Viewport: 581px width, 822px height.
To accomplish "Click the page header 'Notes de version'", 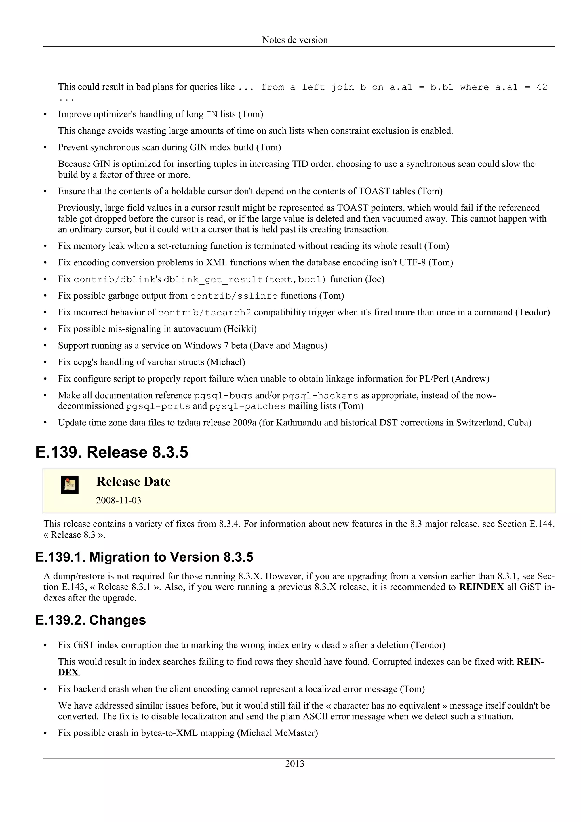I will [x=295, y=40].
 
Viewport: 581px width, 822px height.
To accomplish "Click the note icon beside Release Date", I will [x=70, y=485].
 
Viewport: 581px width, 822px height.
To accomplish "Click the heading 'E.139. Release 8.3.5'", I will [x=112, y=452].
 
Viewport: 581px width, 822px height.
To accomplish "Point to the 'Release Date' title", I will [x=133, y=482].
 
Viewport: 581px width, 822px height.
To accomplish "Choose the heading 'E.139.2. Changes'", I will [x=90, y=620].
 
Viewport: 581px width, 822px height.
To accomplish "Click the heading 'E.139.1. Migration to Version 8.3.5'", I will [x=144, y=557].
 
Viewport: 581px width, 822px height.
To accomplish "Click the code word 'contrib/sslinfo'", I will [x=234, y=296].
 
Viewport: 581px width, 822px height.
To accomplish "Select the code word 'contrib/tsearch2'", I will [x=205, y=313].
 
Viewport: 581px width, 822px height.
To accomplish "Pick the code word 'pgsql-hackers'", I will [x=320, y=396].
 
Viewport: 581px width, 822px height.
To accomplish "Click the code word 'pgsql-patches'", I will [x=247, y=406].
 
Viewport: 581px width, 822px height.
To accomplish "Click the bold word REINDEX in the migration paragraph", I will [x=481, y=587].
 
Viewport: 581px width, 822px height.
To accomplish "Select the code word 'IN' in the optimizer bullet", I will [x=212, y=115].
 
